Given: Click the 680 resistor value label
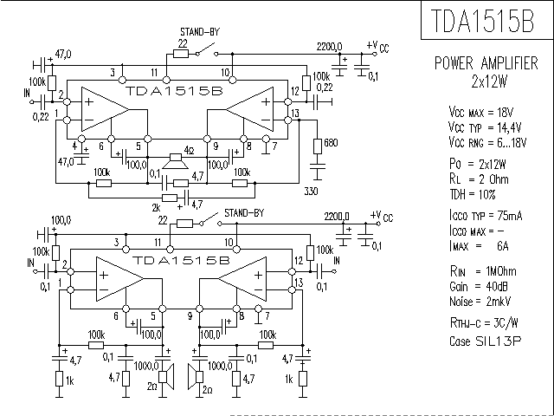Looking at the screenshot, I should pyautogui.click(x=330, y=142).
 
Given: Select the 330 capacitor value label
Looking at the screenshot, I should pyautogui.click(x=312, y=189).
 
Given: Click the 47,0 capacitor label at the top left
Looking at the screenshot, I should pyautogui.click(x=62, y=54).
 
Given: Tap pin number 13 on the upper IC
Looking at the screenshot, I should pyautogui.click(x=296, y=114).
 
